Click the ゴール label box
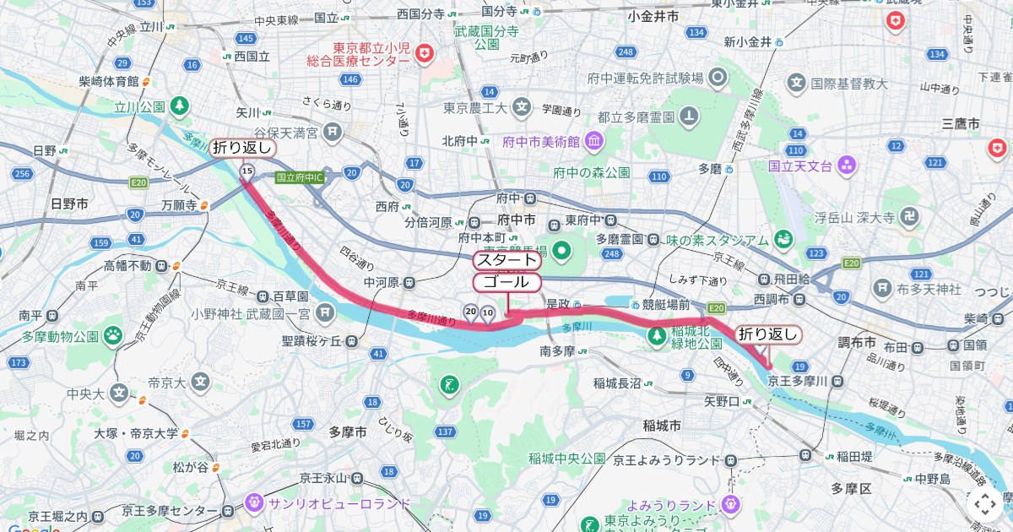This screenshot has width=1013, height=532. pos(506,281)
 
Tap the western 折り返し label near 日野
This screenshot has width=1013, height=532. pos(243,148)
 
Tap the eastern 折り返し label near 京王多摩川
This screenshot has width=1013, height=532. pos(767,334)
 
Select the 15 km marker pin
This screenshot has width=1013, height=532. pos(246,172)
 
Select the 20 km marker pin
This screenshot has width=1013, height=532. pos(470,312)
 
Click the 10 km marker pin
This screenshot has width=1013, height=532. pos(488,313)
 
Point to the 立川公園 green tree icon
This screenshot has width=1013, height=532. pos(179,106)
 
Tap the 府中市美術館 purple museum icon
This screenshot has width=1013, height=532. pos(593,140)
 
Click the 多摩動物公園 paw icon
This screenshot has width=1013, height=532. pos(114,336)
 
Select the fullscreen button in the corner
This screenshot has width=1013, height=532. pos(984,504)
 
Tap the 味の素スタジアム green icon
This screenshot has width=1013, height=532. pos(783,240)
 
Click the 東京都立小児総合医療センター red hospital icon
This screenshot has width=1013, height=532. pos(424,55)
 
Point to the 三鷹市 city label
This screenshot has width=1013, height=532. pos(961,123)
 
